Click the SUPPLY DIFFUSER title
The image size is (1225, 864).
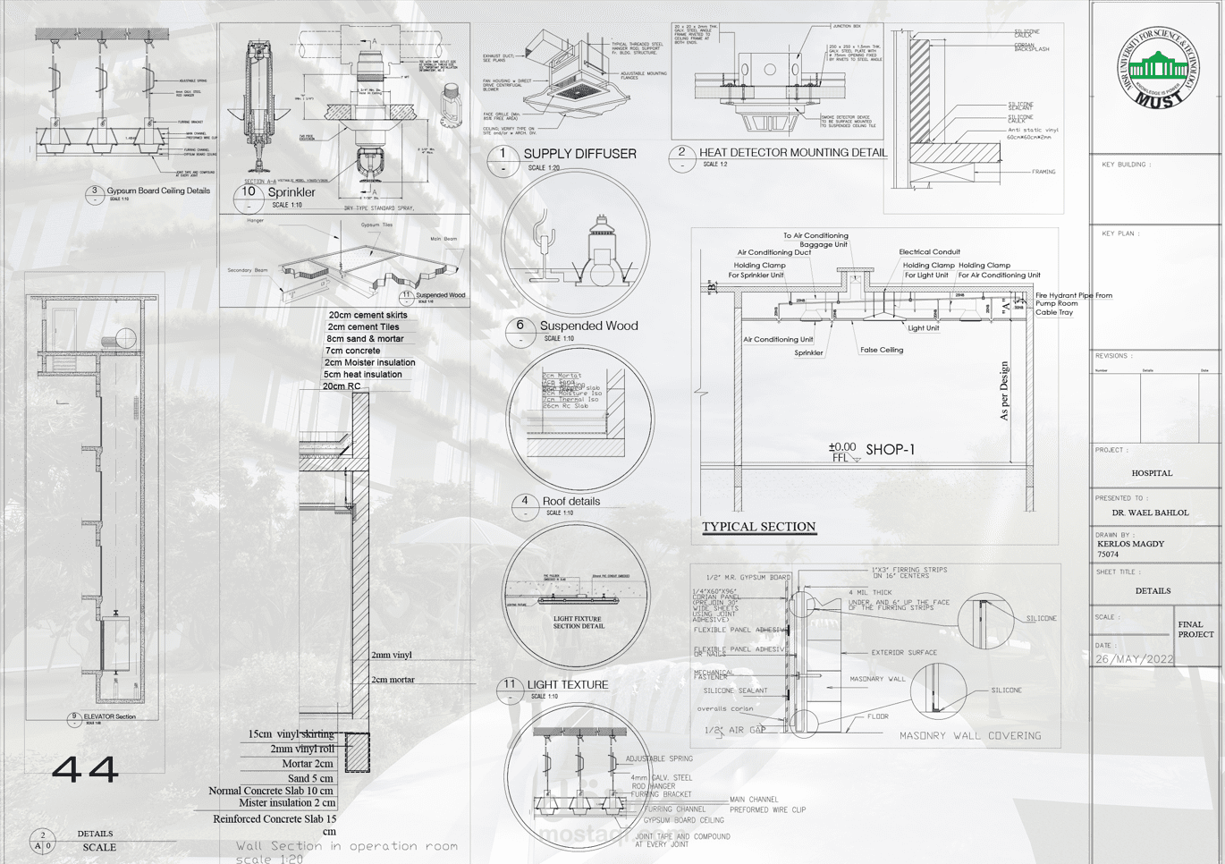pos(579,154)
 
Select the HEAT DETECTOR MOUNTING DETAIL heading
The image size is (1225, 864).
pos(792,153)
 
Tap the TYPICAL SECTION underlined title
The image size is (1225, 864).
pos(758,527)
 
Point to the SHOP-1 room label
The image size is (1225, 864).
pos(890,450)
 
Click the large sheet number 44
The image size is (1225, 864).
pos(85,769)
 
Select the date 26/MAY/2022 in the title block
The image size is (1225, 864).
pos(1135,659)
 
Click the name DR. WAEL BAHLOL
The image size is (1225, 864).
pos(1150,513)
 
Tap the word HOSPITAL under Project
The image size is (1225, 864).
pos(1152,473)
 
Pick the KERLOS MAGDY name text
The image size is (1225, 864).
pos(1130,544)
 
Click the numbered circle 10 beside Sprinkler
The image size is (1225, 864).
pos(249,191)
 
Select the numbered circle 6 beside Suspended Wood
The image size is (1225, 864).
pos(520,326)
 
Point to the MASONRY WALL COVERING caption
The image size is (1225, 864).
pos(970,736)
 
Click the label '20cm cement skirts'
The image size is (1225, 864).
pos(367,315)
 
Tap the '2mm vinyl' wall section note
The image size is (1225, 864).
pos(392,655)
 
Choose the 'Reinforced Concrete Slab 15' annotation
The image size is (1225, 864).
pos(275,818)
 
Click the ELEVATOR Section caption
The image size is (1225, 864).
pos(109,716)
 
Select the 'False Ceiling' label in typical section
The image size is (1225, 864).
pos(882,350)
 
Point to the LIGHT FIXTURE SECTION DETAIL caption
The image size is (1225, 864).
pos(579,623)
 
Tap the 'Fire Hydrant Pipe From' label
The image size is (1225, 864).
pos(1074,295)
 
